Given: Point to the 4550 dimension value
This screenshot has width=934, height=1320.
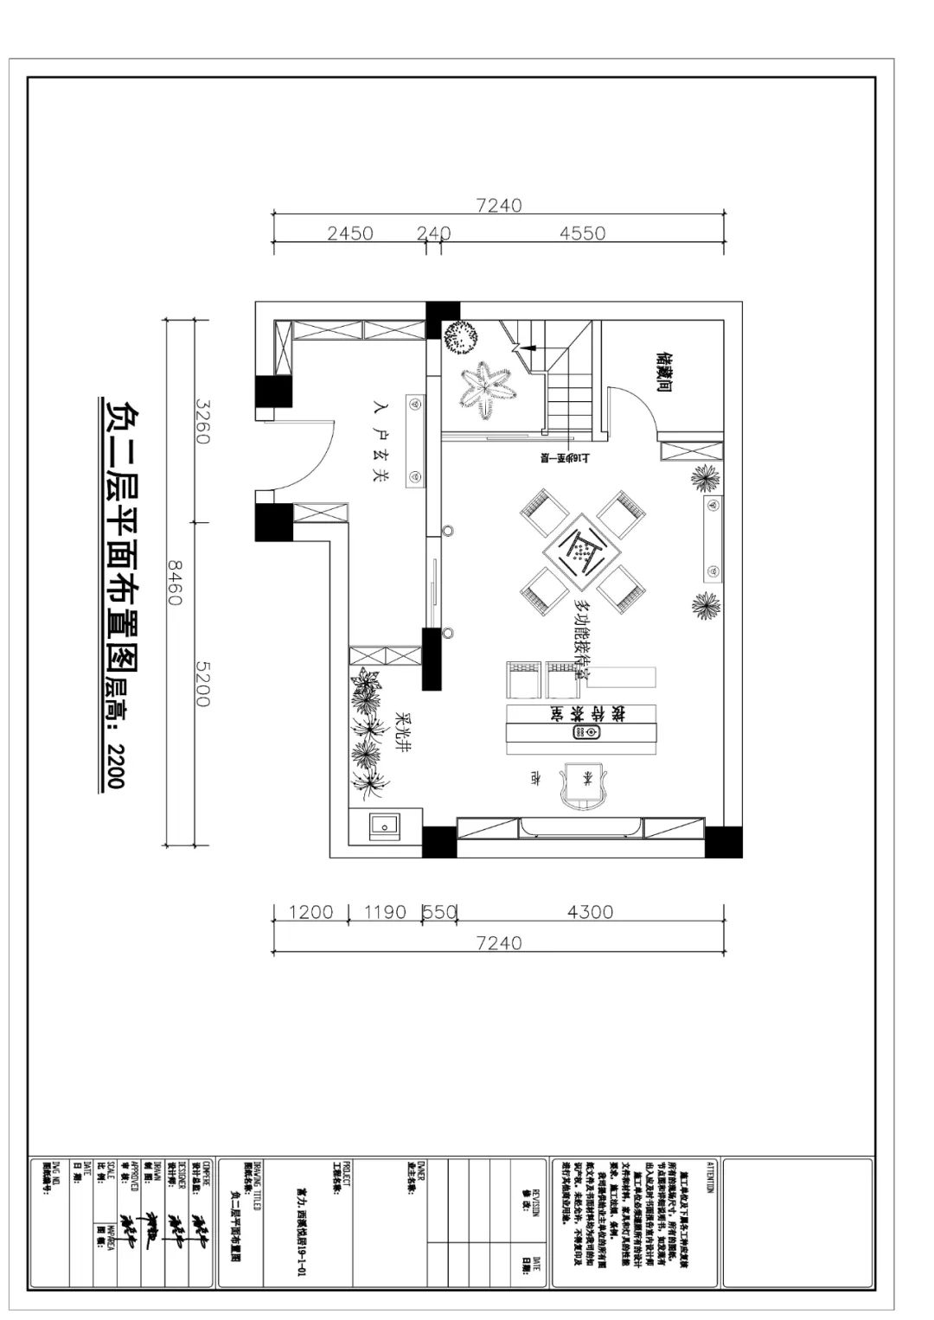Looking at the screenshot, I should click(582, 233).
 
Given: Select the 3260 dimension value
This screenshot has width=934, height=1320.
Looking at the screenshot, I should click(202, 421).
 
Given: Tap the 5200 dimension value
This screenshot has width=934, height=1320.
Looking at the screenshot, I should click(202, 684).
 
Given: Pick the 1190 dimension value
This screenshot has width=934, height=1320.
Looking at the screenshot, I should click(385, 912).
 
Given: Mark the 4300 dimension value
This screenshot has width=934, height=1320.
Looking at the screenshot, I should click(590, 912).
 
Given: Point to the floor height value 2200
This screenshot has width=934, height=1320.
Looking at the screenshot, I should click(116, 765).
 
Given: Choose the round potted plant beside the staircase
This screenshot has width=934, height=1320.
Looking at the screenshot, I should click(460, 337).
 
